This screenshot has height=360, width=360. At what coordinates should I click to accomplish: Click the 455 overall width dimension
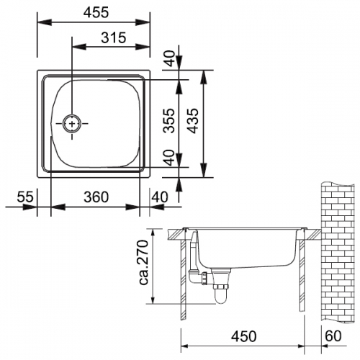coord(96,12)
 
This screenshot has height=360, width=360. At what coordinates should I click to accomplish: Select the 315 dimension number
coord(114,37)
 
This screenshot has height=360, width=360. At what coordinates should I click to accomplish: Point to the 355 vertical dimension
coord(168,121)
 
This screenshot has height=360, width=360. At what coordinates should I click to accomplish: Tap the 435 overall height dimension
coord(193,121)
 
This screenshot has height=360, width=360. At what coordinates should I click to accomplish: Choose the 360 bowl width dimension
coord(96,197)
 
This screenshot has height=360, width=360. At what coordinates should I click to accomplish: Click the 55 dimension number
coord(25,197)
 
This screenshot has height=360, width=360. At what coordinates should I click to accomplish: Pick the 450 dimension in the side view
coord(244,336)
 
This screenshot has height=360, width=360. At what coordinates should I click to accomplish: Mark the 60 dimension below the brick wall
coord(333,336)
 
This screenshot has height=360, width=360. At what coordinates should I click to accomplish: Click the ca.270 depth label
coord(145,262)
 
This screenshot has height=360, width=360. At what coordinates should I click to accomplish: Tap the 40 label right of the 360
coord(160,197)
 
